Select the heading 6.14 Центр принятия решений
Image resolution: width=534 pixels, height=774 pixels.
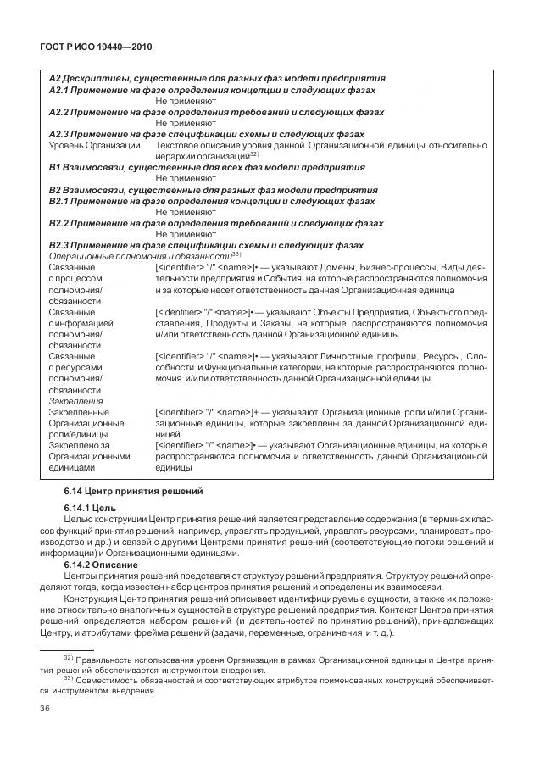(x=124, y=491)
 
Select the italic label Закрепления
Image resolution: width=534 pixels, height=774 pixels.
(x=75, y=401)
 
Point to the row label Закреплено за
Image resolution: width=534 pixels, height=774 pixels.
(x=81, y=444)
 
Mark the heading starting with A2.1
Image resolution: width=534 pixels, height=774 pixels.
(x=212, y=90)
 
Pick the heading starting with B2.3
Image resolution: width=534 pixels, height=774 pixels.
(x=207, y=245)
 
